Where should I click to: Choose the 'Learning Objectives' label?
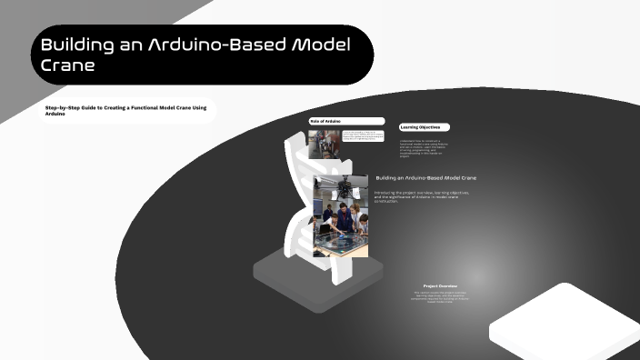pos(424,127)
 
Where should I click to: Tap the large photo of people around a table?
pos(341,216)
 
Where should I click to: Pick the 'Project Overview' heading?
pos(442,285)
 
